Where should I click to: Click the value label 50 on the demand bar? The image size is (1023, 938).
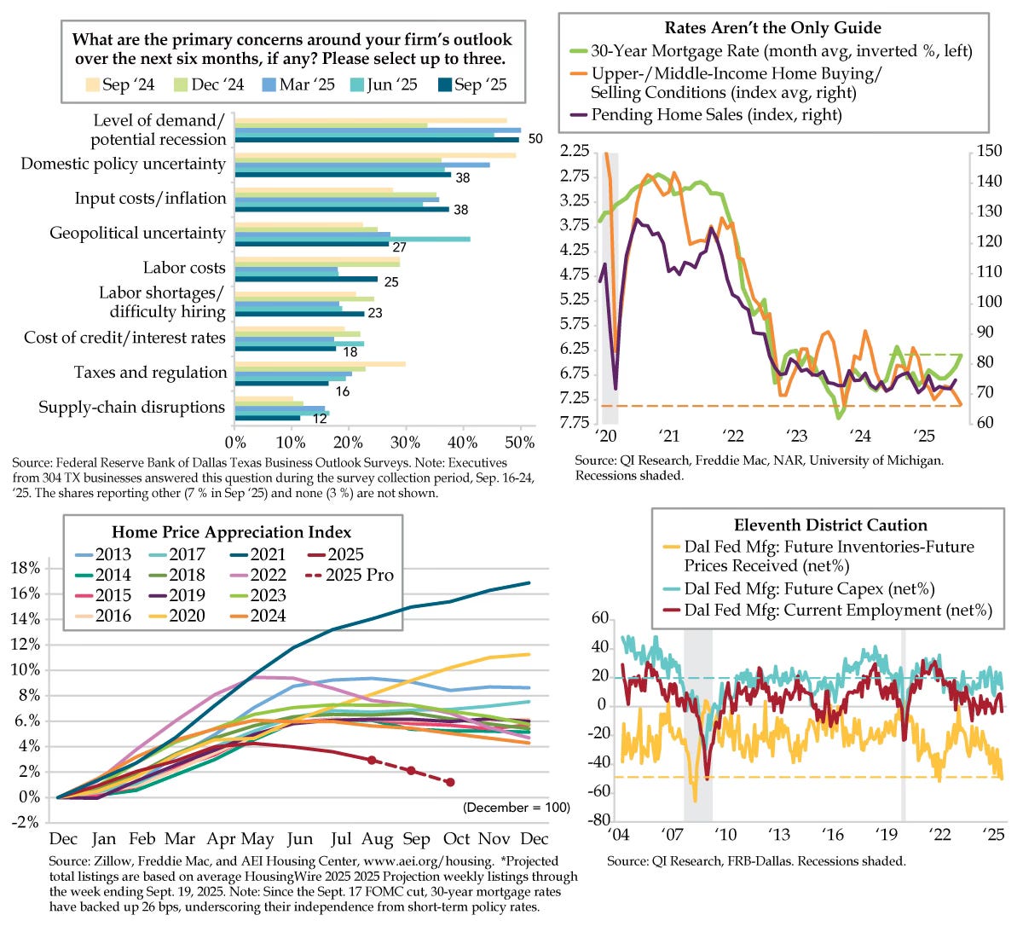click(x=535, y=139)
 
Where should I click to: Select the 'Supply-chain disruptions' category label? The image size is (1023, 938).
click(x=131, y=408)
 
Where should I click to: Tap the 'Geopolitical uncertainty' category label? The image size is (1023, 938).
click(x=137, y=233)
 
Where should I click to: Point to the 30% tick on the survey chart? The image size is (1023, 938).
click(x=406, y=443)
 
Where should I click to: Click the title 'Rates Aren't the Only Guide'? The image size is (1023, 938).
click(x=772, y=29)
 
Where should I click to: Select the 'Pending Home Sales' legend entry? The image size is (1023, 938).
click(x=716, y=114)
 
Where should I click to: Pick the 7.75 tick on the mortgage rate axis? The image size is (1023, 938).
click(x=571, y=423)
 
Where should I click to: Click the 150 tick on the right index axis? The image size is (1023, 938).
click(x=990, y=151)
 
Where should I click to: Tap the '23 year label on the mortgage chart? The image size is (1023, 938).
click(x=797, y=437)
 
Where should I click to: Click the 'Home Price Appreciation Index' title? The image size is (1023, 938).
click(x=231, y=532)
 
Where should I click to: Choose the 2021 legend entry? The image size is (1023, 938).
click(x=268, y=554)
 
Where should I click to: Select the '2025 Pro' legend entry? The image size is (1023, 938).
click(x=360, y=575)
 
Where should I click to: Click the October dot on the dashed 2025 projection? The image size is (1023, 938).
click(x=450, y=782)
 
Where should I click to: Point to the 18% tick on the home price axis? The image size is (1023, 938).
click(x=26, y=568)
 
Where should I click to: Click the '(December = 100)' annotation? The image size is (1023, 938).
click(x=517, y=808)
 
